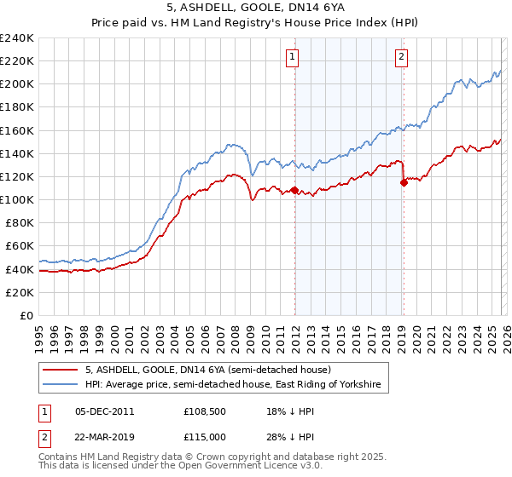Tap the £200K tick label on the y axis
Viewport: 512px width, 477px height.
[x=17, y=84]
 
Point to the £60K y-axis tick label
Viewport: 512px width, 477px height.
[x=20, y=246]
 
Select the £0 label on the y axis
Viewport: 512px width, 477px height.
[x=27, y=315]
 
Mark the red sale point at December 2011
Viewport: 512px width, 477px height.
[x=294, y=190]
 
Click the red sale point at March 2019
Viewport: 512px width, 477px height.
[x=404, y=182]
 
